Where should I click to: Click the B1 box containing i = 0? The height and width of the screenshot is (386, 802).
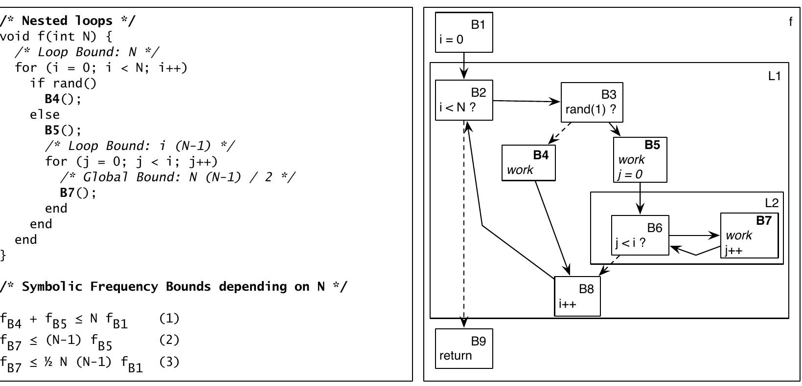point(464,32)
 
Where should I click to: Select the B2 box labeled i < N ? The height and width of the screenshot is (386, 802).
point(464,100)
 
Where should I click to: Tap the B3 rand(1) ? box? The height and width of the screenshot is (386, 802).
point(592,102)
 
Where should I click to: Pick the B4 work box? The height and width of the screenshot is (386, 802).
point(528,163)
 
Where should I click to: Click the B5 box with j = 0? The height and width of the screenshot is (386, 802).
point(640,160)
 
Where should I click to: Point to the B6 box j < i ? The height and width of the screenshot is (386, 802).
point(640,235)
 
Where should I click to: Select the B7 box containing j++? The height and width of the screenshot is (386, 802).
point(749,236)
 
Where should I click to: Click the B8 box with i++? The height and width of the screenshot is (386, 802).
point(577,296)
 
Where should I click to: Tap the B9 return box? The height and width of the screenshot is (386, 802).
point(464,348)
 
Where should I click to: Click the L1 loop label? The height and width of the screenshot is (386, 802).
point(774,76)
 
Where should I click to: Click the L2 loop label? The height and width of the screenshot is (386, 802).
point(771,203)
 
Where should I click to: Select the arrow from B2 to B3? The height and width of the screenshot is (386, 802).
point(527,101)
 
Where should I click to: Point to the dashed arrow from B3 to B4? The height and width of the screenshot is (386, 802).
point(560,133)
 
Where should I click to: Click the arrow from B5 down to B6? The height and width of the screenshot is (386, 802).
point(640,198)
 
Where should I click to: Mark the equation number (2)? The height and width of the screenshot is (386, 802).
point(169,340)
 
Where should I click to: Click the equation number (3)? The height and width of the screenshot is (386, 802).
point(169,362)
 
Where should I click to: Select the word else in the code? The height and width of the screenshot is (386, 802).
point(45,114)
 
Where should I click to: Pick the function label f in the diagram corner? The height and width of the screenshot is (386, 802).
point(790,21)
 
